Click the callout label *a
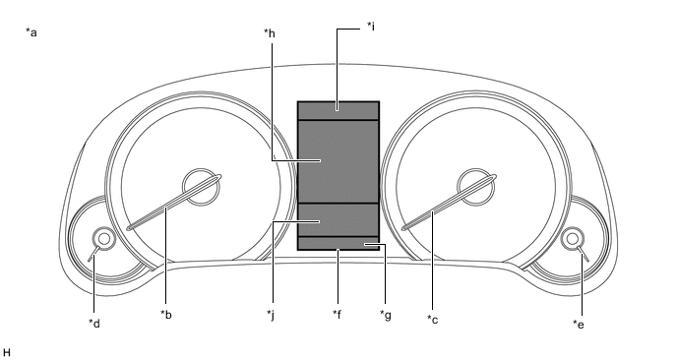click(31, 32)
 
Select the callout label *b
click(166, 315)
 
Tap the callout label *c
click(433, 320)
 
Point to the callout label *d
click(94, 323)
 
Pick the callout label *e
click(579, 324)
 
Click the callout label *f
click(338, 314)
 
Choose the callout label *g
click(386, 315)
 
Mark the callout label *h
click(270, 33)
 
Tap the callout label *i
click(370, 27)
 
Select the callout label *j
click(271, 315)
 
